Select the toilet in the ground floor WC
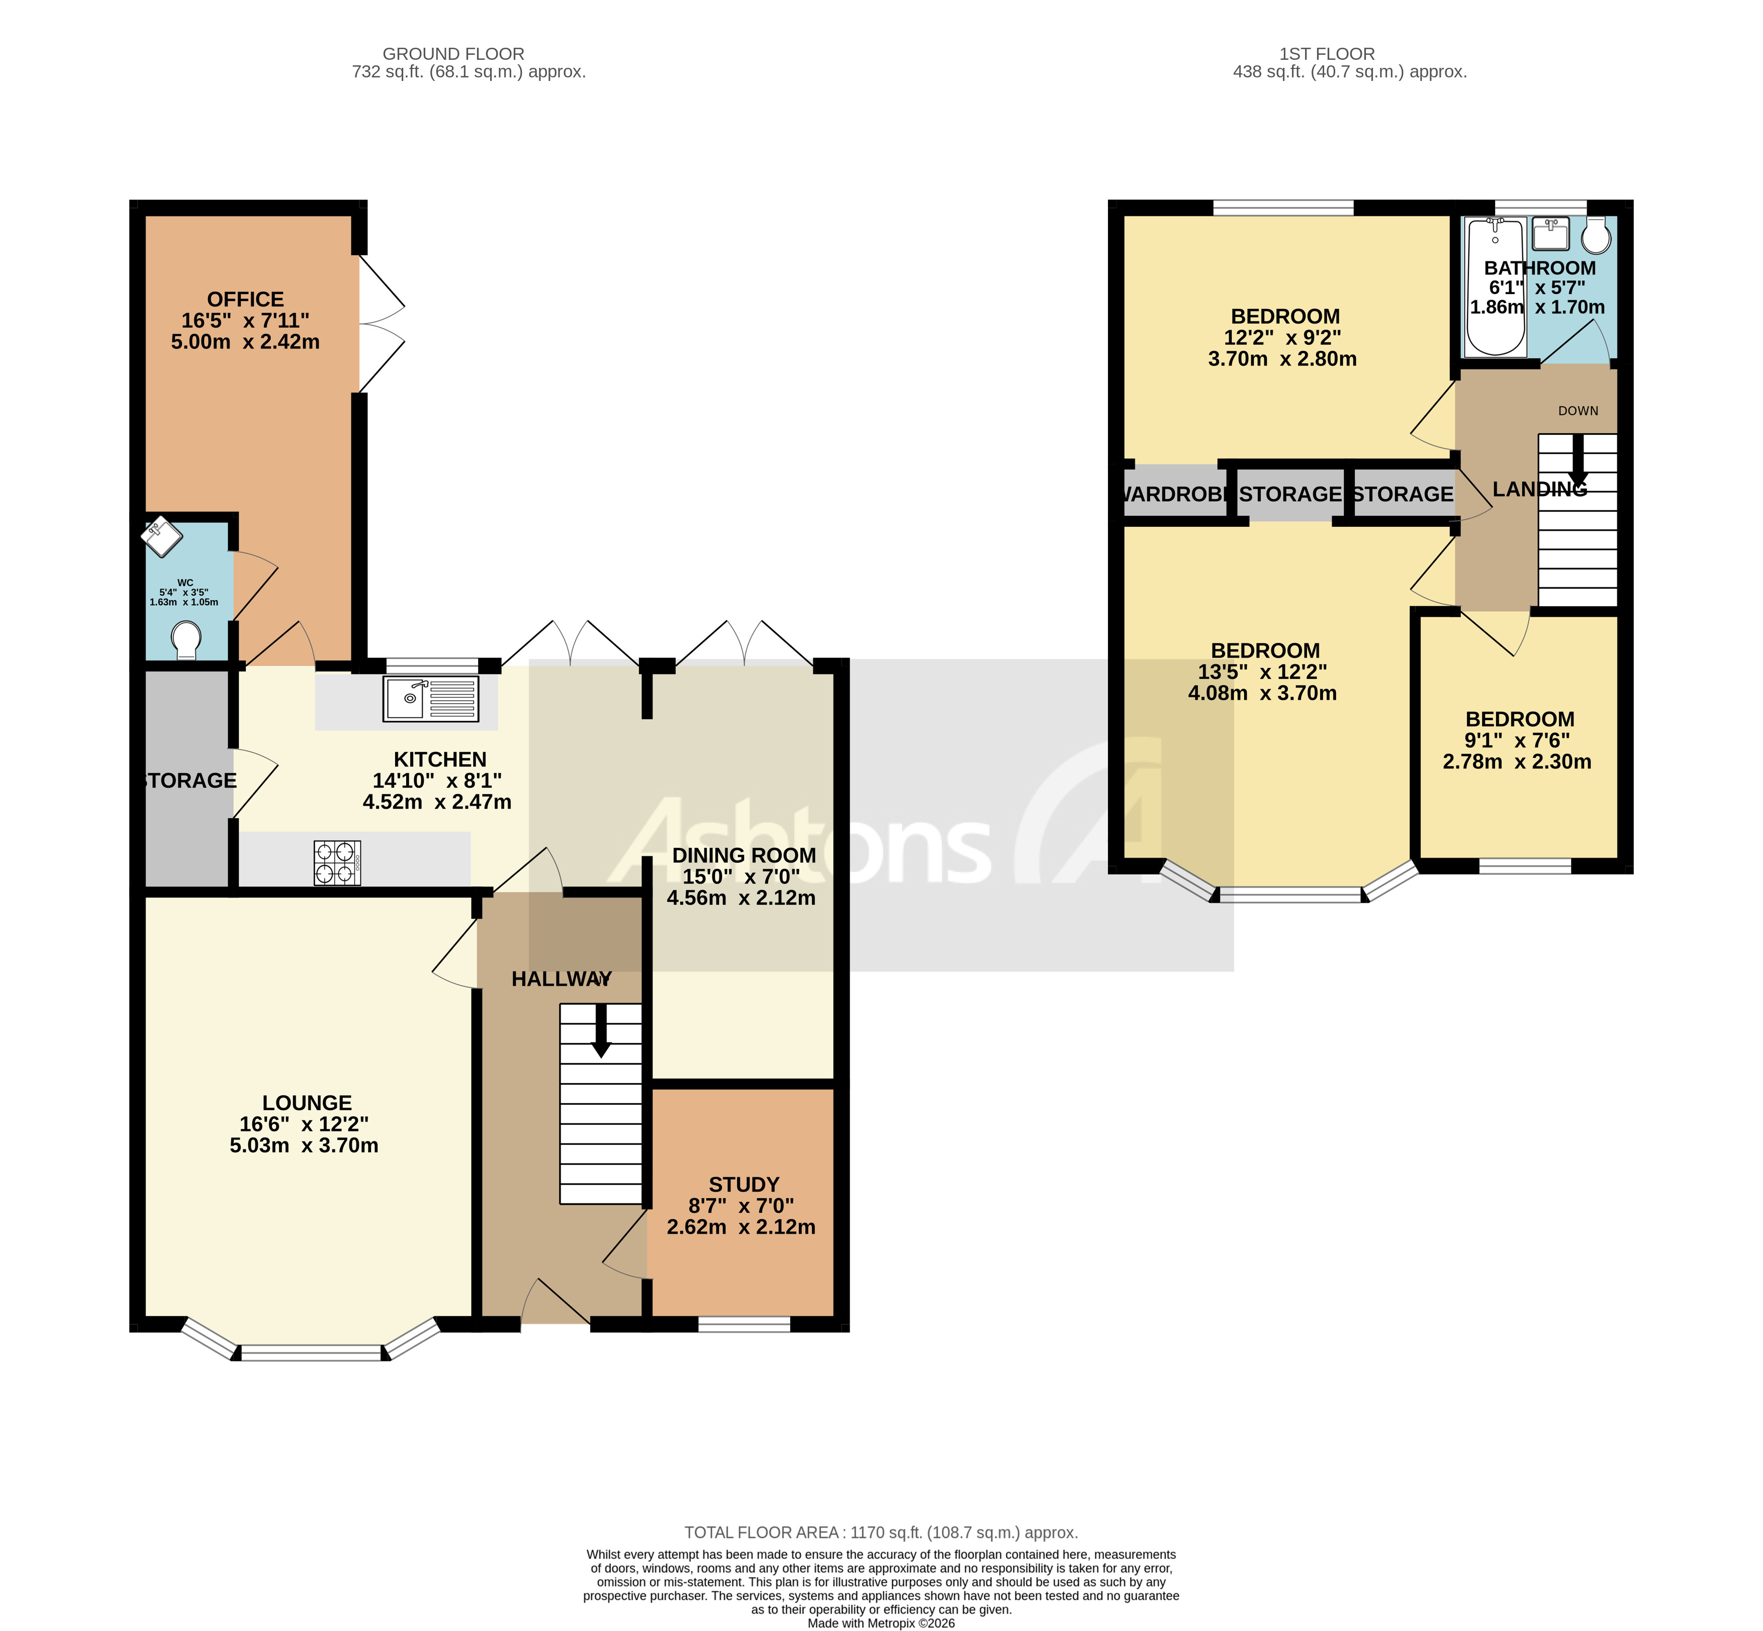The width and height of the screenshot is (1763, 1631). tap(187, 639)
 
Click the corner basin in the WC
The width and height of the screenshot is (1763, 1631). tap(161, 536)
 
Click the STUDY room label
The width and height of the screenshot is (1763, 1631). tap(744, 1184)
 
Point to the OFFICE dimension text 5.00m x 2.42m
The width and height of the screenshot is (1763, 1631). tap(245, 342)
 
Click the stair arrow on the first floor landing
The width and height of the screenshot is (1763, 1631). tap(1578, 461)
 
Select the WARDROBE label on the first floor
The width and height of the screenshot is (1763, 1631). tap(1174, 494)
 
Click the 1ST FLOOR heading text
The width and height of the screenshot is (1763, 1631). tap(1326, 54)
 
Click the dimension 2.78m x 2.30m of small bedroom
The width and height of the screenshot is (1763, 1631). tap(1517, 761)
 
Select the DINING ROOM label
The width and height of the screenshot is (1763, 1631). tap(744, 855)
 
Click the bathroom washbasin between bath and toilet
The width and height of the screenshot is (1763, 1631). tap(1550, 235)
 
